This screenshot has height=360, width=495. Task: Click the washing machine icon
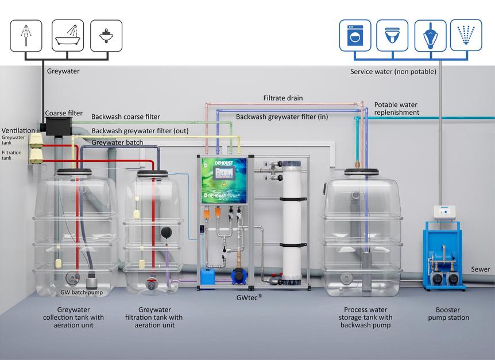(x=355, y=36)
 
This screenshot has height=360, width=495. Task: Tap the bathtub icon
(x=68, y=36)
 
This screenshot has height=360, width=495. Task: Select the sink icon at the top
(x=106, y=36)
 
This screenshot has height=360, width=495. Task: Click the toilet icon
(x=392, y=36)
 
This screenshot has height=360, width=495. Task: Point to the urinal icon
(x=430, y=36)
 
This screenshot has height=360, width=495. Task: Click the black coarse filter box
(x=59, y=126)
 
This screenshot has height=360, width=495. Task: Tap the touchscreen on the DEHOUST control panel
(x=223, y=173)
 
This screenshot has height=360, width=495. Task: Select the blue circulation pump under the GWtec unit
(x=239, y=276)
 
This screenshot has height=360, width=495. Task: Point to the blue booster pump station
(x=443, y=256)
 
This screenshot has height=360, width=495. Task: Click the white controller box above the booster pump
(x=444, y=212)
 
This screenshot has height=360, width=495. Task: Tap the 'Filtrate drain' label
(x=283, y=98)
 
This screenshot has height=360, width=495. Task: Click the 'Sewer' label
(x=481, y=269)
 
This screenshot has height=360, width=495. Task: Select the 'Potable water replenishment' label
(x=396, y=109)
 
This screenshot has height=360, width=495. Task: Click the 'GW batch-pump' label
(x=82, y=292)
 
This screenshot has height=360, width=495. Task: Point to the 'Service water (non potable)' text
(x=393, y=72)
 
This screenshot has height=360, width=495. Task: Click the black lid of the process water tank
(x=361, y=172)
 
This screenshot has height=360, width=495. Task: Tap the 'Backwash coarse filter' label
(x=126, y=117)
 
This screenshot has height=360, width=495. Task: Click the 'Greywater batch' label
(x=117, y=142)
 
